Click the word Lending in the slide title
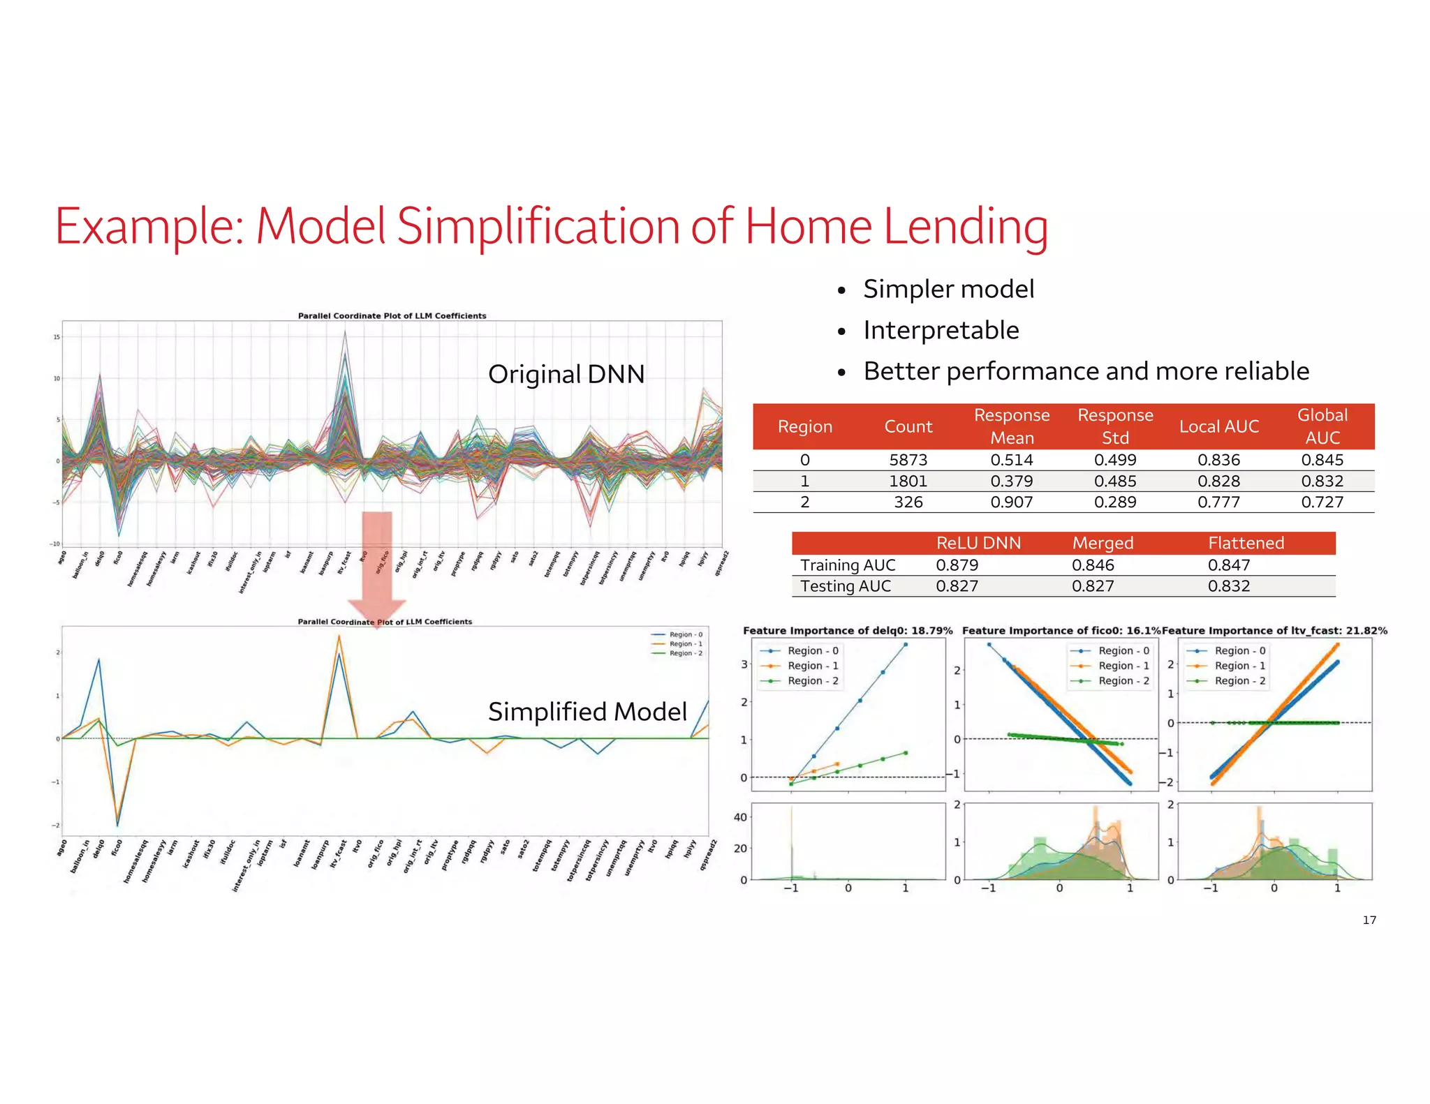pos(965,227)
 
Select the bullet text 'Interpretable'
pos(941,330)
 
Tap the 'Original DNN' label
pos(566,375)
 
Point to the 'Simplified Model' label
pos(587,712)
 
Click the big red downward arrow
pos(377,565)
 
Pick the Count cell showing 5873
pos(908,460)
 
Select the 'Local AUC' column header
pos(1218,426)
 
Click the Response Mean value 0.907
pos(1011,502)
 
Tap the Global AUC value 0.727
pos(1322,502)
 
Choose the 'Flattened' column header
pos(1246,543)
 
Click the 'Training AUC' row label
pos(848,565)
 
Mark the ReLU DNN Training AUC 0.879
pos(957,565)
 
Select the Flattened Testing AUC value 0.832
pos(1229,586)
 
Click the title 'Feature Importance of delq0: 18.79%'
pos(847,631)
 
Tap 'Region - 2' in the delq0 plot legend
pos(812,681)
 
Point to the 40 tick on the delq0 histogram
pos(740,817)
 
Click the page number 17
pos(1369,920)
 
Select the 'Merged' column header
pos(1103,543)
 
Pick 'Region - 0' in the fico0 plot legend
pos(1123,650)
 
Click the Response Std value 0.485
pos(1114,481)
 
